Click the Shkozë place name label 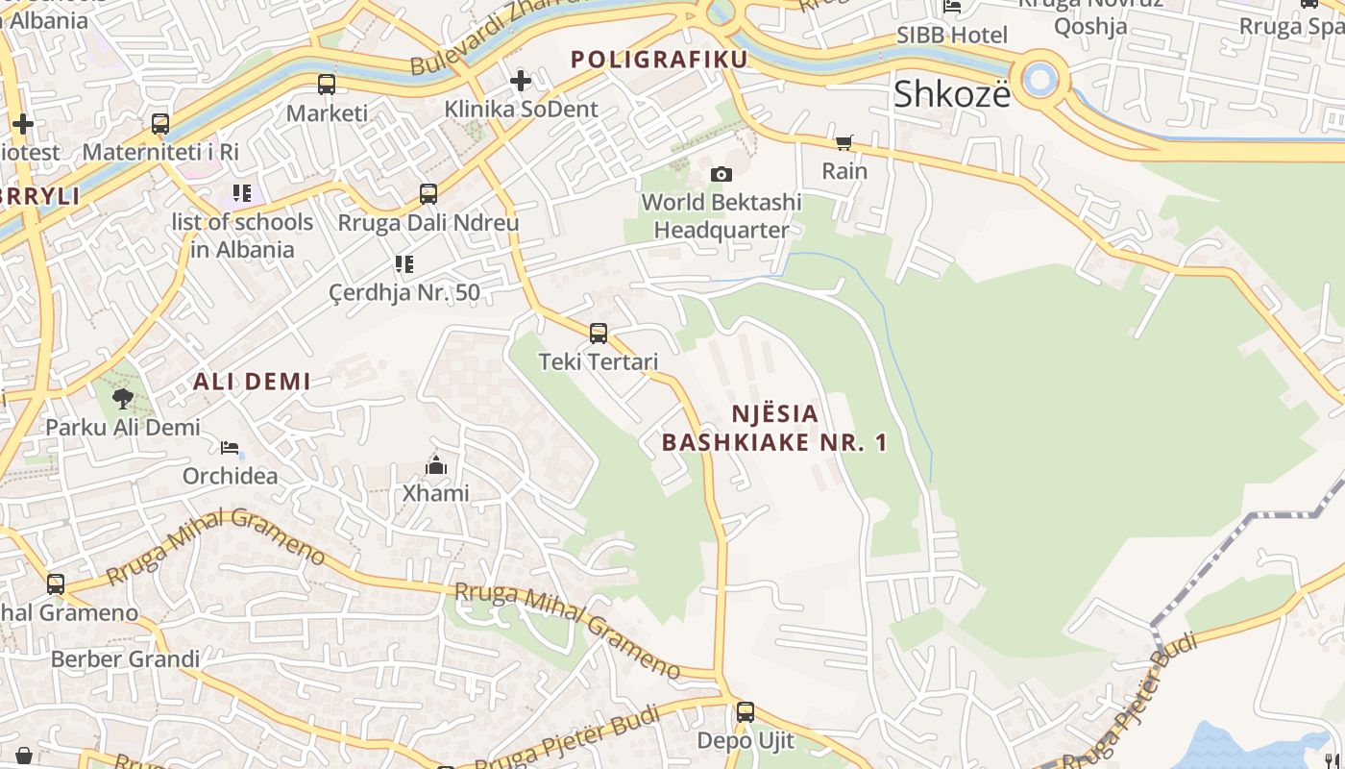click(x=952, y=94)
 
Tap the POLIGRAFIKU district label click(x=659, y=60)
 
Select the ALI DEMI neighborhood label click(x=252, y=382)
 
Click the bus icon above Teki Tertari click(x=599, y=334)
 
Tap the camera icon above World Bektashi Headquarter click(x=721, y=174)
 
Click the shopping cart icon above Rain click(x=844, y=143)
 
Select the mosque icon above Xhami click(x=436, y=466)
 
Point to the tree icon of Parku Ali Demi click(x=122, y=398)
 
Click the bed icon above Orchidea click(x=230, y=448)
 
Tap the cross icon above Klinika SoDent click(x=521, y=81)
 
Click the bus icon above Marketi click(x=327, y=85)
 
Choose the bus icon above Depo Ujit click(x=746, y=712)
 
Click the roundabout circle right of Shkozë click(x=1039, y=79)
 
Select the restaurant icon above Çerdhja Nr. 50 click(x=404, y=263)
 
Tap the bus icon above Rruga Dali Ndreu click(x=428, y=194)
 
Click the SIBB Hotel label click(x=952, y=36)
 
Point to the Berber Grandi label click(x=125, y=659)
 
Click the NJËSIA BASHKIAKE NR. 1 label click(x=774, y=429)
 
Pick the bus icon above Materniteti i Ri click(x=160, y=124)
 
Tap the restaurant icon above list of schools click(x=242, y=193)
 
